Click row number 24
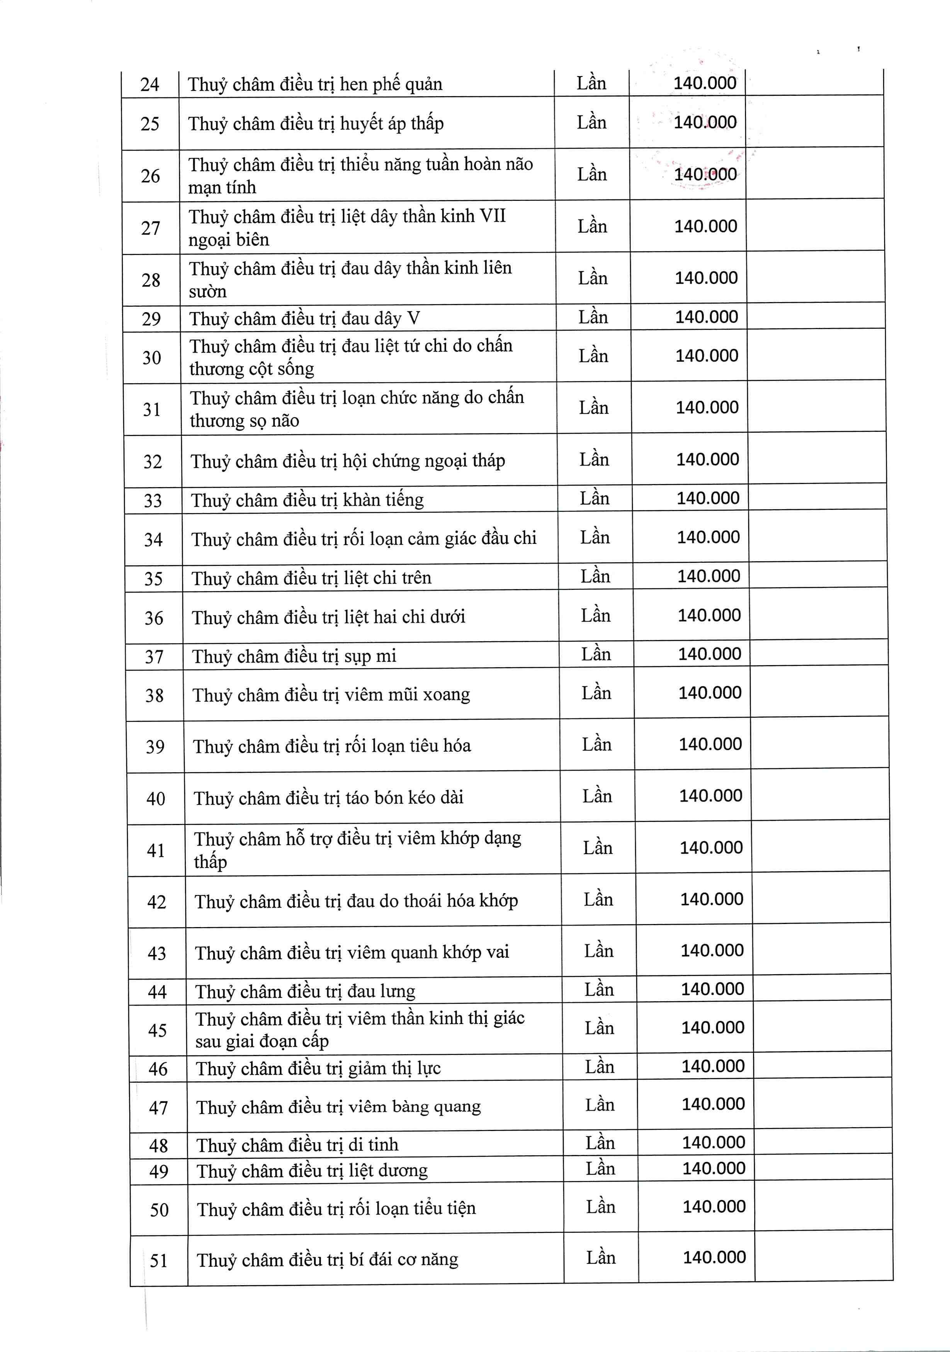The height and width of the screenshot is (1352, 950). pos(150,84)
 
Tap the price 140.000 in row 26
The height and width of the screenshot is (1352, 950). pos(705,174)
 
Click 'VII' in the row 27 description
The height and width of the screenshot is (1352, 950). pos(492,216)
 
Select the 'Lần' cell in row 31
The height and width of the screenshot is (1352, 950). pos(594,408)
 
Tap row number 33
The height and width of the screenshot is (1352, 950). pos(153,501)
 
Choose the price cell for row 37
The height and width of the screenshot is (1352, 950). pos(710,654)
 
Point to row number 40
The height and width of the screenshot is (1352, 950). pos(155,798)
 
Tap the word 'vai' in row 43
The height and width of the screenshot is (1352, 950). pos(498,952)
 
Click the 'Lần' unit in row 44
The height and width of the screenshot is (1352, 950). pos(599,990)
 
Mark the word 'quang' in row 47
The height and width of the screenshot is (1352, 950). pos(457,1107)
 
